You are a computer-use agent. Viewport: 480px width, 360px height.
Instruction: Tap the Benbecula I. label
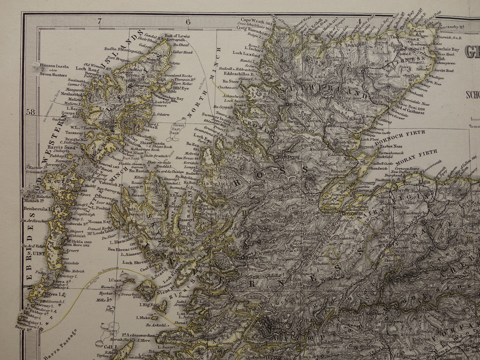point(37,210)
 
